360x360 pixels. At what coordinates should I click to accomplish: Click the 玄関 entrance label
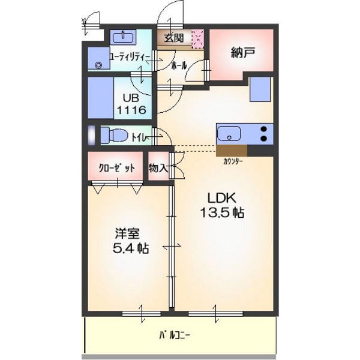(x=174, y=38)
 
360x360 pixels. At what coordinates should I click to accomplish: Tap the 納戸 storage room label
(x=242, y=53)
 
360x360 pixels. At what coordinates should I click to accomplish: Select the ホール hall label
(x=179, y=66)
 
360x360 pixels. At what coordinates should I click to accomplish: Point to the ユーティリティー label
(x=130, y=57)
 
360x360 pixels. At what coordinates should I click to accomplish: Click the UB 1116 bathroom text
(x=131, y=104)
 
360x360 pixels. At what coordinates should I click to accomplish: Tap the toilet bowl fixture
(x=115, y=136)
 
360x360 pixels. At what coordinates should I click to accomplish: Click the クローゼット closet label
(x=116, y=169)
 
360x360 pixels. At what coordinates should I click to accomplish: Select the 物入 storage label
(x=158, y=168)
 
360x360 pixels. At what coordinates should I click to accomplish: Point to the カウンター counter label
(x=233, y=161)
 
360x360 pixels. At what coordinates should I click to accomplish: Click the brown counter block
(x=232, y=151)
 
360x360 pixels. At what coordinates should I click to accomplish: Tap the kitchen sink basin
(x=229, y=134)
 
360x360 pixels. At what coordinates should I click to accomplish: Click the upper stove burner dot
(x=264, y=129)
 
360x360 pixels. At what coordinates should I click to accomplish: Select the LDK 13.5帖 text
(x=222, y=205)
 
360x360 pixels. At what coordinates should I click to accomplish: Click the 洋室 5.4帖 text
(x=131, y=241)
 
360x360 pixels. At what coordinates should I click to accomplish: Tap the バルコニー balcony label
(x=175, y=335)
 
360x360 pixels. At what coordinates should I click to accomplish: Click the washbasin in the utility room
(x=123, y=37)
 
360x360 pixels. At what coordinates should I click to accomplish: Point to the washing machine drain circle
(x=98, y=65)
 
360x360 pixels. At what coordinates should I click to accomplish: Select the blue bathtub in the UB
(x=101, y=98)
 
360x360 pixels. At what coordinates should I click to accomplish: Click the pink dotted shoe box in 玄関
(x=197, y=39)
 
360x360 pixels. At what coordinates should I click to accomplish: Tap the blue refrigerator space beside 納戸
(x=260, y=89)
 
